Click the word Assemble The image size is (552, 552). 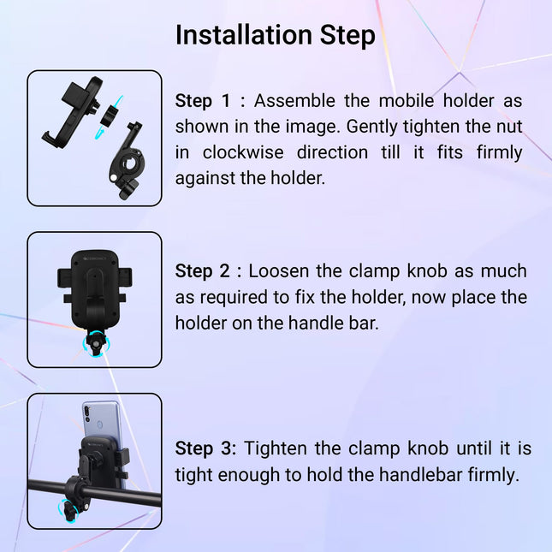292,101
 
